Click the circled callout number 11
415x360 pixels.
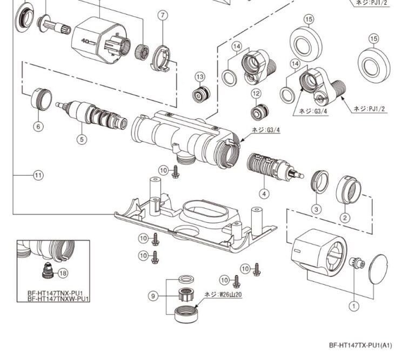[37, 175]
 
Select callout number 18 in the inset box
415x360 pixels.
[63, 273]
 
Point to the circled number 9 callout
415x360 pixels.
[153, 296]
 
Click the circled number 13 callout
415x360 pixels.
[200, 77]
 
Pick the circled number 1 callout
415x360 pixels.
[354, 306]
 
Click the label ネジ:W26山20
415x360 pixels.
[223, 295]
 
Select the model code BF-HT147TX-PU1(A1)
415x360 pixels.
[360, 345]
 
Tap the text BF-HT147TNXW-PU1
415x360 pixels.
[58, 298]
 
